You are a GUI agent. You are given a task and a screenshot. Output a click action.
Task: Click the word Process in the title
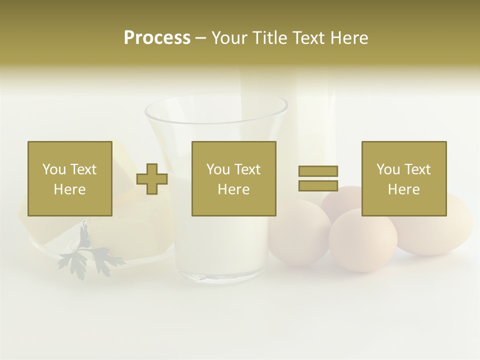pos(157,38)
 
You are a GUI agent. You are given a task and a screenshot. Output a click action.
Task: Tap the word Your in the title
pos(229,38)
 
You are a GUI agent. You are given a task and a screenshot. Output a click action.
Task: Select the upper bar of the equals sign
pos(318,171)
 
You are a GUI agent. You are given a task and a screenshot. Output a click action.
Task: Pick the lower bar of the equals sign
pos(318,185)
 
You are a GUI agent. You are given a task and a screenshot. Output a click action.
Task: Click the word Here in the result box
pos(404,189)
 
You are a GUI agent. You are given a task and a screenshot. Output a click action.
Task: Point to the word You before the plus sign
pos(54,169)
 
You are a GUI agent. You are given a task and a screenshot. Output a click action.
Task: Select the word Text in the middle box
pos(247,169)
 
